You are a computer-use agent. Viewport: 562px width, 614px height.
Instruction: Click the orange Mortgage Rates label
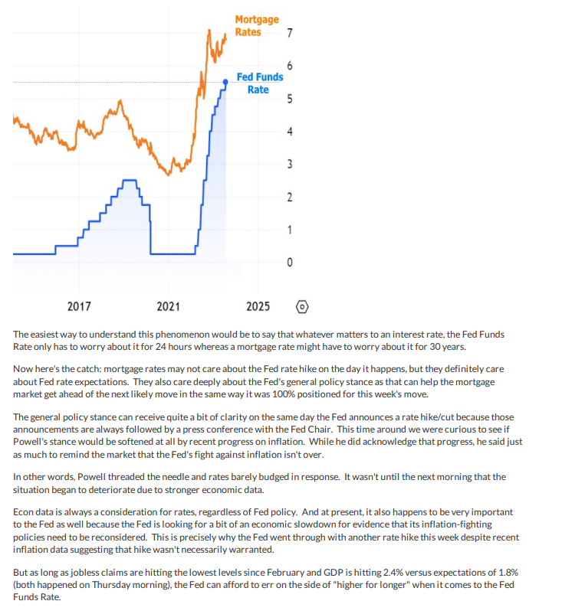coord(256,25)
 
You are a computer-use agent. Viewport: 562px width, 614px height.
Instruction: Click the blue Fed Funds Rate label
coord(259,83)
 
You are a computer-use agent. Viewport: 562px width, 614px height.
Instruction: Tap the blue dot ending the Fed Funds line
coord(225,82)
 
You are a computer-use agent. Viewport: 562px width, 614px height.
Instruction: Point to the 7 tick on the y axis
coord(288,33)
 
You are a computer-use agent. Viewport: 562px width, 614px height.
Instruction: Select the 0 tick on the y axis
coord(288,263)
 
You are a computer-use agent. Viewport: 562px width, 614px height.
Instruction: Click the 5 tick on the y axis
coord(288,99)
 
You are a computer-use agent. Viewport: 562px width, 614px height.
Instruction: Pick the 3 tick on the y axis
coord(288,165)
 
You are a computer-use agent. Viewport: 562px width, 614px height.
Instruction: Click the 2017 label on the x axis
coord(79,306)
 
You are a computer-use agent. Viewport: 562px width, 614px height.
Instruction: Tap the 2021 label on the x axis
coord(168,306)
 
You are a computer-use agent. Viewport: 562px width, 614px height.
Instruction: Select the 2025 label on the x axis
coord(258,306)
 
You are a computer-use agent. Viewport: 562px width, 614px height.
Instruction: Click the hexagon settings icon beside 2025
coord(302,306)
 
